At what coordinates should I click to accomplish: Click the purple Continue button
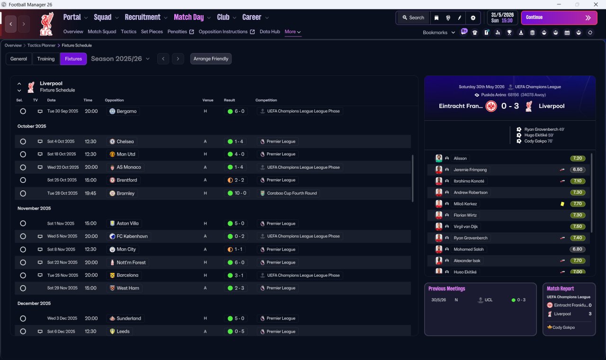pyautogui.click(x=559, y=18)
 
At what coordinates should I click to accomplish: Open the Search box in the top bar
pyautogui.click(x=413, y=18)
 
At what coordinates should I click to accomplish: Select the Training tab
pyautogui.click(x=46, y=59)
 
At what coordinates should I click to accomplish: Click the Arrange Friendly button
pyautogui.click(x=211, y=59)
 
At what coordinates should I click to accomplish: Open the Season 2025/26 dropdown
pyautogui.click(x=120, y=59)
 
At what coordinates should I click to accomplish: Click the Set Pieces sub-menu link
pyautogui.click(x=152, y=32)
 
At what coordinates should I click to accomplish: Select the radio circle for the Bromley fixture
pyautogui.click(x=23, y=193)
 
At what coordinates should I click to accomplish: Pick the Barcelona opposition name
pyautogui.click(x=127, y=275)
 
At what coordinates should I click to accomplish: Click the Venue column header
pyautogui.click(x=208, y=100)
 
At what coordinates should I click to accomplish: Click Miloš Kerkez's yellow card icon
pyautogui.click(x=562, y=204)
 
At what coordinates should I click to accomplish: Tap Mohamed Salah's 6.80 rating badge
pyautogui.click(x=577, y=249)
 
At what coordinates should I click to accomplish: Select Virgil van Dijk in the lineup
pyautogui.click(x=465, y=226)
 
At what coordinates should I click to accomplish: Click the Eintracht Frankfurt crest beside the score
pyautogui.click(x=491, y=106)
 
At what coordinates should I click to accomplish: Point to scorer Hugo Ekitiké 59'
pyautogui.click(x=539, y=135)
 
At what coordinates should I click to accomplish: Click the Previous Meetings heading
pyautogui.click(x=446, y=288)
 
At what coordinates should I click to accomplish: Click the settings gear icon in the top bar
pyautogui.click(x=473, y=18)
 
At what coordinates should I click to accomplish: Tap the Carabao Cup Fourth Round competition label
pyautogui.click(x=292, y=193)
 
